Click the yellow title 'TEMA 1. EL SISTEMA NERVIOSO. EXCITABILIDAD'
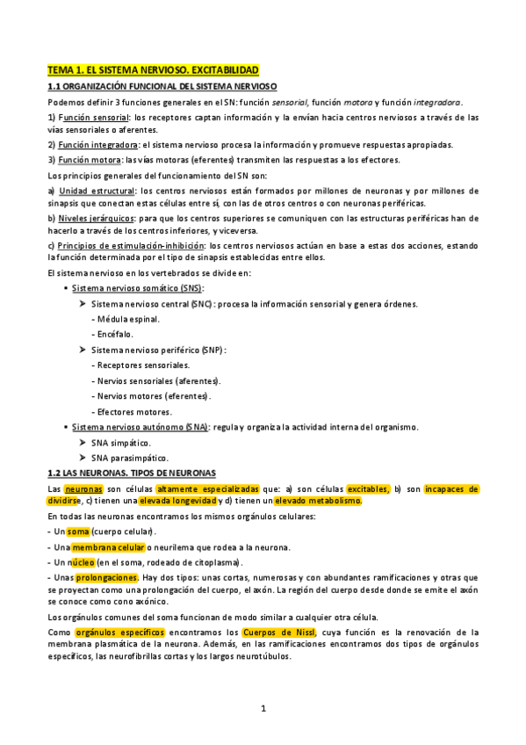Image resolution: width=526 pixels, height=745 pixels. (154, 69)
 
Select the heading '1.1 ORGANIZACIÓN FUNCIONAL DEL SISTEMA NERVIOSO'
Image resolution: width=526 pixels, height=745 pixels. (162, 86)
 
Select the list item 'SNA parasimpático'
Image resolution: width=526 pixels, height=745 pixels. (130, 458)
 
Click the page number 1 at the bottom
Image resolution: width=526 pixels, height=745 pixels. (263, 708)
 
